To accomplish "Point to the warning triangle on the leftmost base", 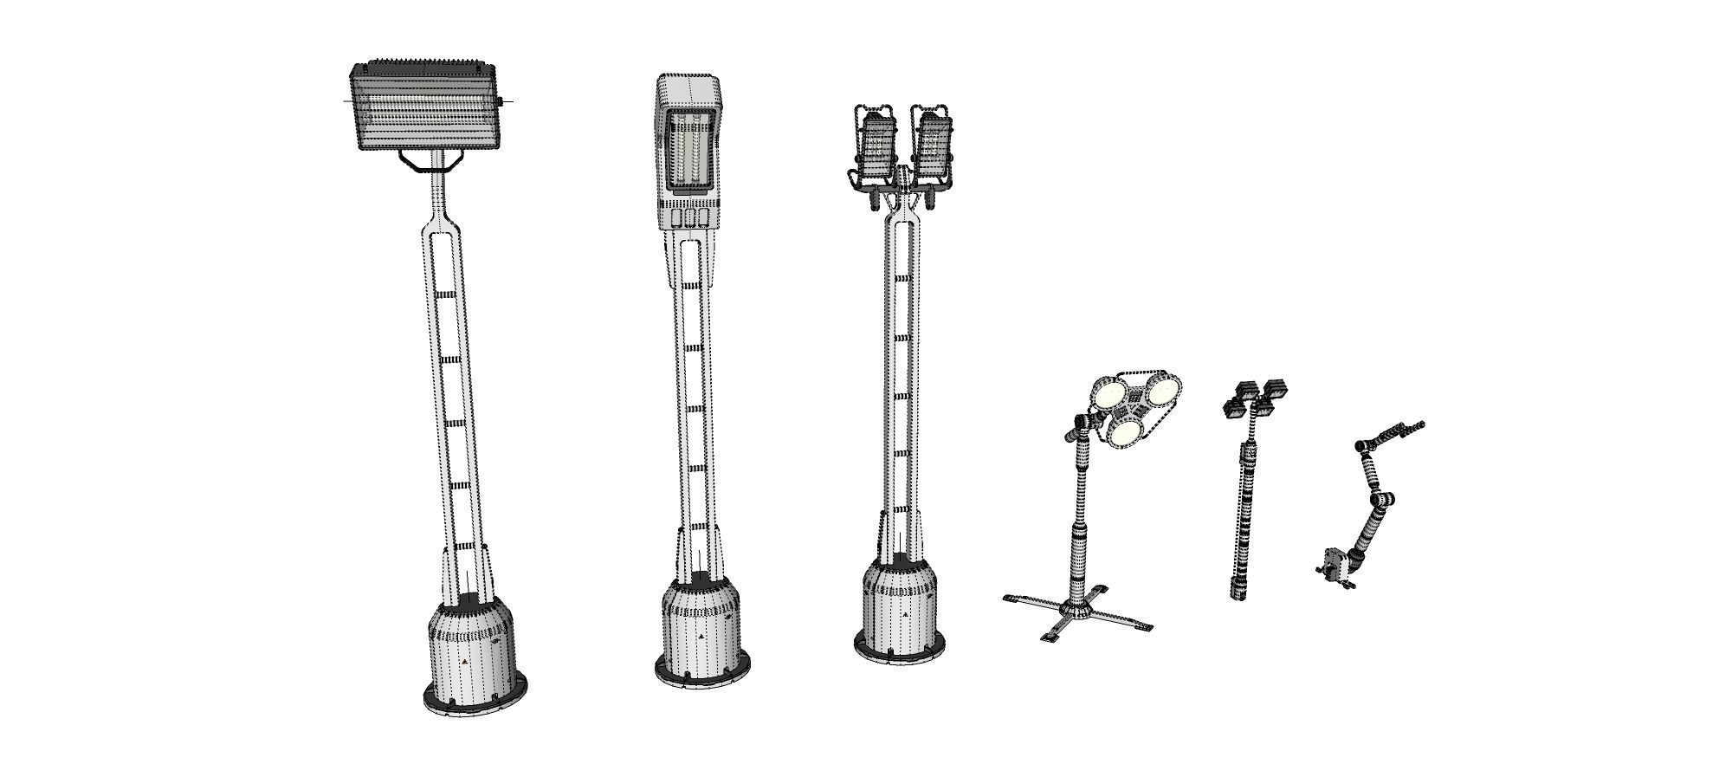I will click(x=464, y=661).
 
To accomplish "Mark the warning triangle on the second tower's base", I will click(x=701, y=635).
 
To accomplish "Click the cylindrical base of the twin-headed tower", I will click(x=901, y=606).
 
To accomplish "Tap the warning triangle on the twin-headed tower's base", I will click(x=905, y=614).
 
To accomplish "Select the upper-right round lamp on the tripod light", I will click(x=1162, y=392).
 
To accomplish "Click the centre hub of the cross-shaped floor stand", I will click(x=1078, y=609).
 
